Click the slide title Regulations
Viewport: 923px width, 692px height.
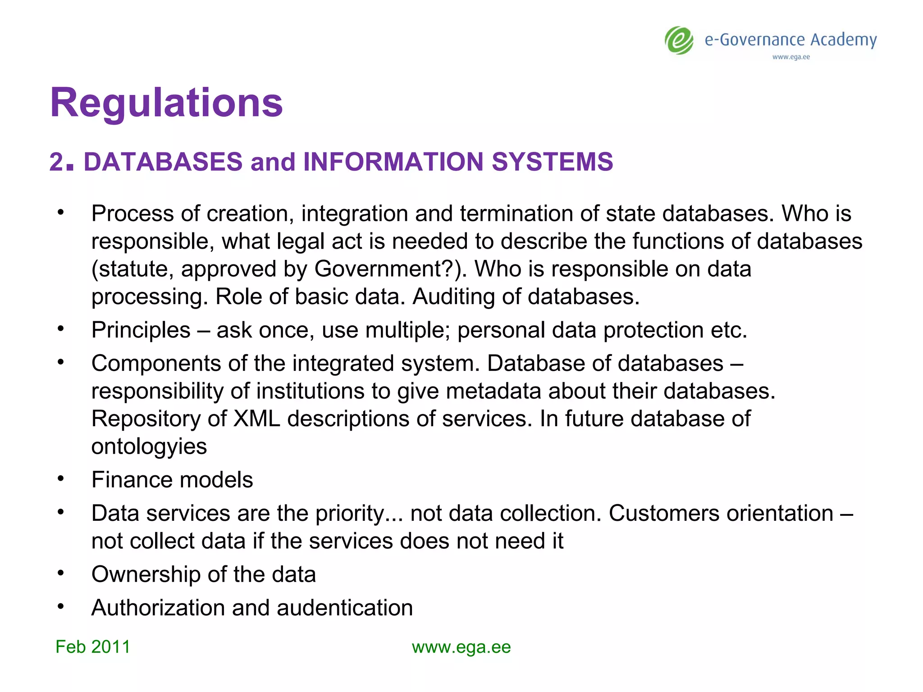166,103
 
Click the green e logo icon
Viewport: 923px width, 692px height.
679,41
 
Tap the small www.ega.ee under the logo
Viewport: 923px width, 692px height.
791,57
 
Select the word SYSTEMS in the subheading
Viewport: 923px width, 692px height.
552,162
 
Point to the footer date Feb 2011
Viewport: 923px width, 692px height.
92,647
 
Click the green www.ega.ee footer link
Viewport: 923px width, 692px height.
461,647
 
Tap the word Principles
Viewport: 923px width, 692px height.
141,330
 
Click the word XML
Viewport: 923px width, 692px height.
257,419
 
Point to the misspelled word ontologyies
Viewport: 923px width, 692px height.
149,446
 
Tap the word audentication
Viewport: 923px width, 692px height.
344,608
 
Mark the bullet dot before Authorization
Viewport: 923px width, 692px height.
61,606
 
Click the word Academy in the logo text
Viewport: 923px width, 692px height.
843,40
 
